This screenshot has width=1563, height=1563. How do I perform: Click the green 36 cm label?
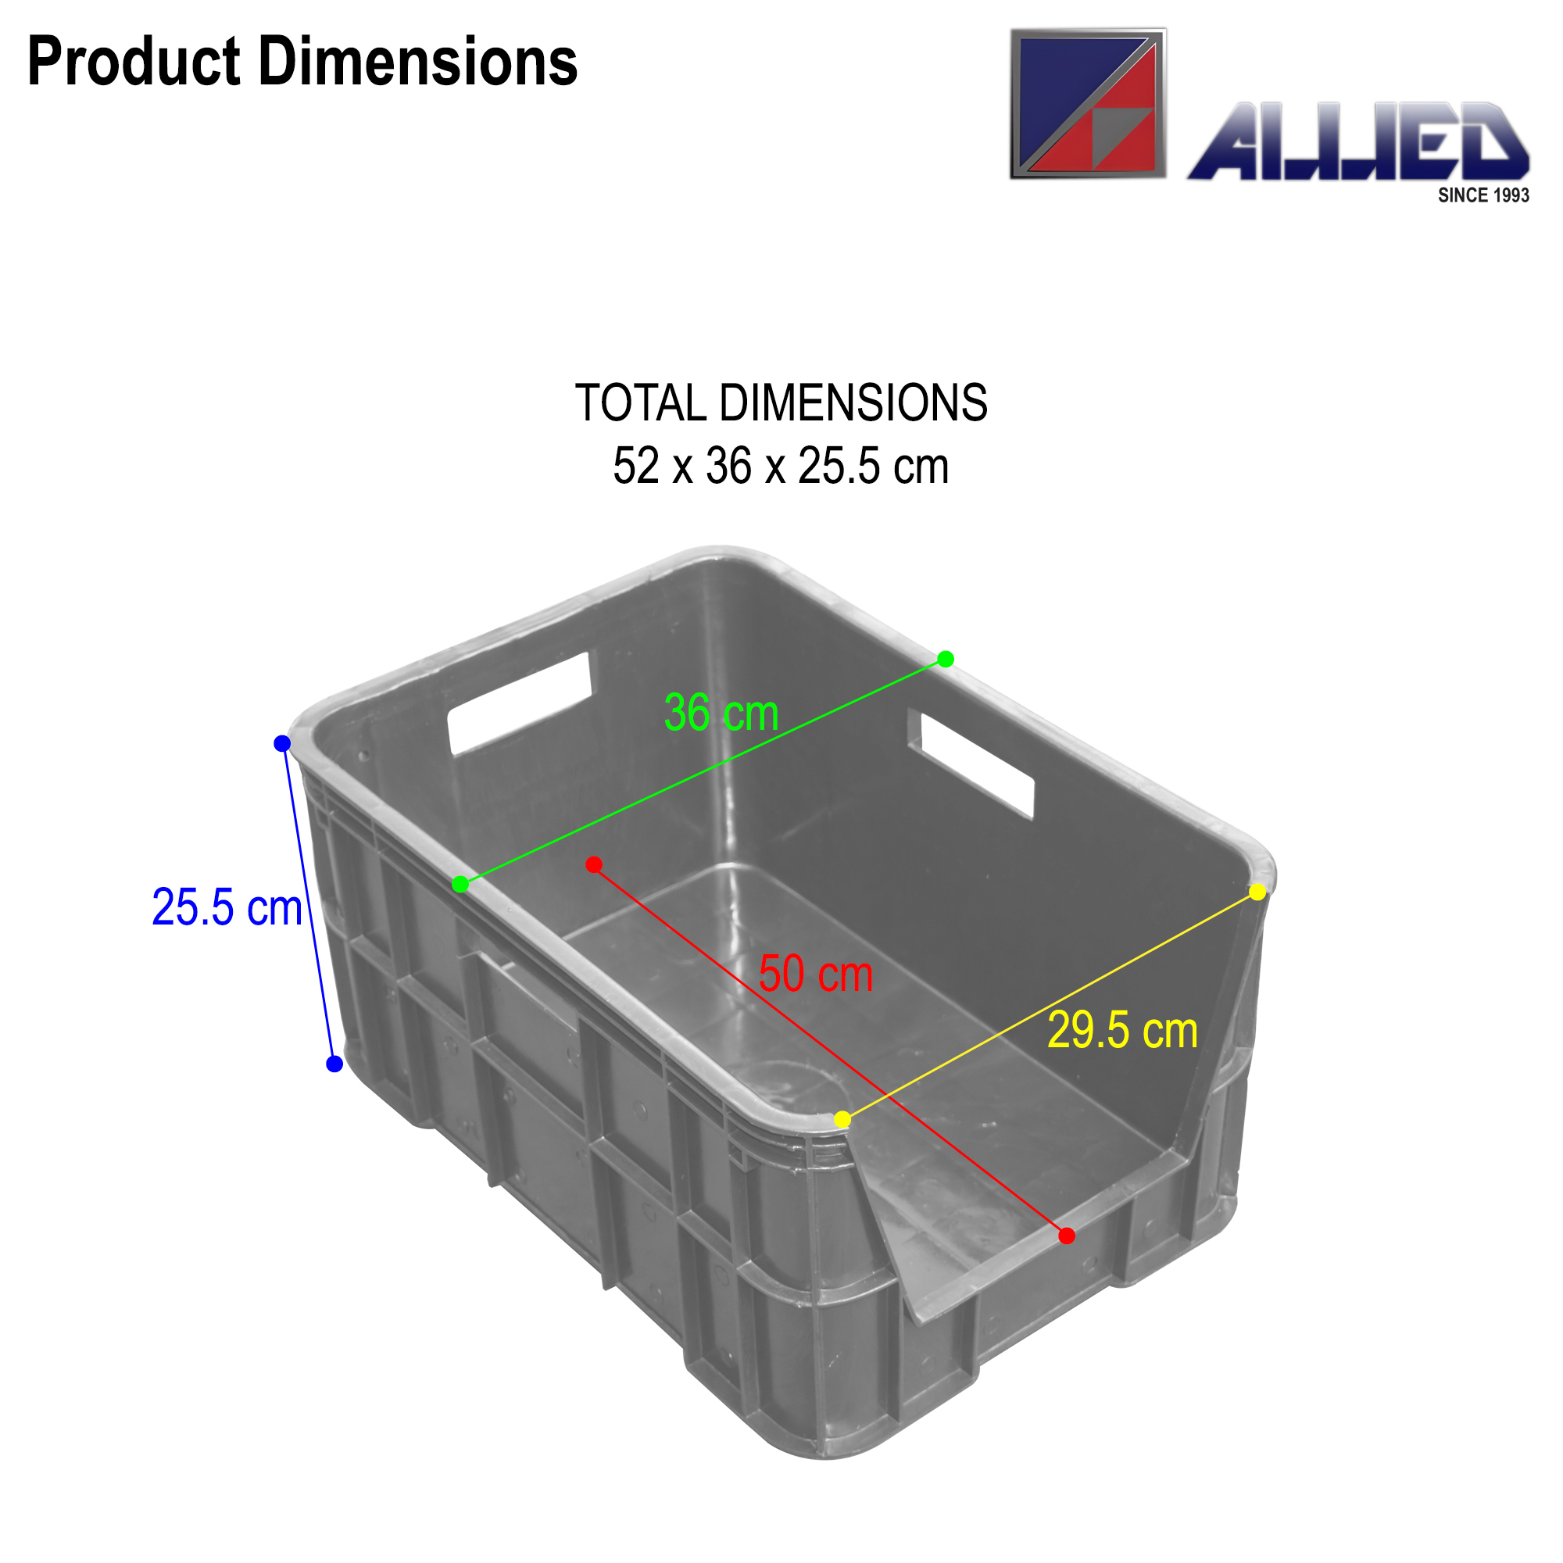point(721,714)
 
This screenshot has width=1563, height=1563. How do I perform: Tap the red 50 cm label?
point(815,974)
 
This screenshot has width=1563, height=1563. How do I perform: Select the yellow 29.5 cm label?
point(1122,1031)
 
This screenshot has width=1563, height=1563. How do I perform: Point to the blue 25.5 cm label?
point(227,907)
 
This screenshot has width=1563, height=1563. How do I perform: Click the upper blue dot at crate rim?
point(282,743)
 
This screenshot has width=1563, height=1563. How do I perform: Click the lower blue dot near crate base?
point(334,1064)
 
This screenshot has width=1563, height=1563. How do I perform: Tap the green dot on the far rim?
point(946,660)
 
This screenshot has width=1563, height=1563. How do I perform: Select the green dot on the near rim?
point(460,884)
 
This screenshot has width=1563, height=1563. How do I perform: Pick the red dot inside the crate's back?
point(594,865)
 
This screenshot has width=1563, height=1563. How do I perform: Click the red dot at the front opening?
point(1067,1236)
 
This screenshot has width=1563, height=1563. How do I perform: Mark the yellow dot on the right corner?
point(1258,892)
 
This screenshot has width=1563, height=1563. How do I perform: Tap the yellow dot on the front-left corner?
point(842,1120)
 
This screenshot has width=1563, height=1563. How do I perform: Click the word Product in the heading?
point(134,63)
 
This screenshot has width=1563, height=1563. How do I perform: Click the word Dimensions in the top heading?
point(417,63)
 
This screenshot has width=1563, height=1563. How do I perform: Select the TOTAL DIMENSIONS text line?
point(781,403)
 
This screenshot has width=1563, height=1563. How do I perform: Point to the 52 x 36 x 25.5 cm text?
point(781,467)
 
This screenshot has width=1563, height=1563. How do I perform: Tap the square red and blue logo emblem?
point(1088,104)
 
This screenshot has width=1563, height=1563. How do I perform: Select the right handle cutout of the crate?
point(978,764)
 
